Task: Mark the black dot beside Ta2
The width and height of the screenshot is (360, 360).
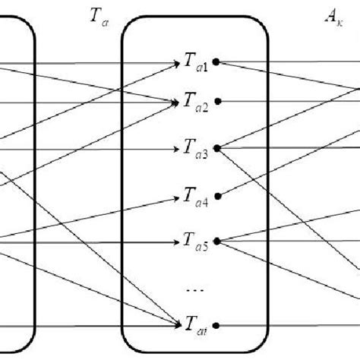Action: point(217,100)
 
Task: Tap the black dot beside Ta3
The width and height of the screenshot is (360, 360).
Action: point(217,147)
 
